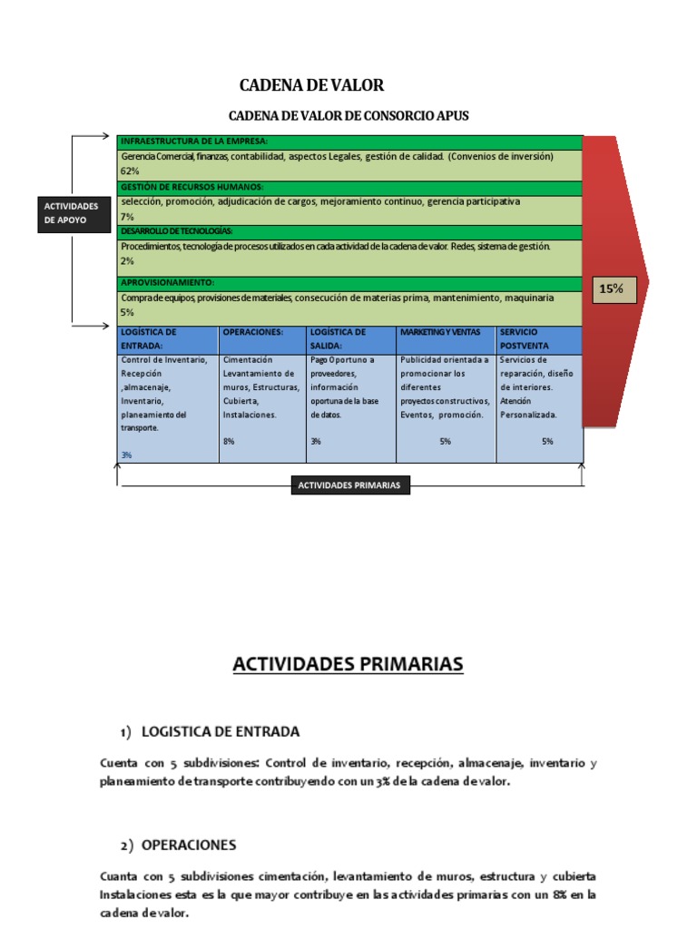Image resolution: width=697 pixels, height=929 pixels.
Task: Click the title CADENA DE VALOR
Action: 311,85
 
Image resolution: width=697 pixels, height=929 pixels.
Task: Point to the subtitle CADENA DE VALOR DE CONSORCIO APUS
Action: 349,116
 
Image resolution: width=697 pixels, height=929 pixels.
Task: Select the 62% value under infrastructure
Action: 130,171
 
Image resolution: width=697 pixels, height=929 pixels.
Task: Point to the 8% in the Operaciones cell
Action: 229,441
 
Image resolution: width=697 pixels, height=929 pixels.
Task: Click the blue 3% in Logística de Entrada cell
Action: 126,455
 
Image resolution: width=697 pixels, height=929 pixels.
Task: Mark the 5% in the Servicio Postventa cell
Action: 547,441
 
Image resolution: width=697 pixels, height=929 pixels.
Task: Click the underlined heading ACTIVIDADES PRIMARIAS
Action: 348,665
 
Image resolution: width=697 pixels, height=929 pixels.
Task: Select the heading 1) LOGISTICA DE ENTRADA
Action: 210,731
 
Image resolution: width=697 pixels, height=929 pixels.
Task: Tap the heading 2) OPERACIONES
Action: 178,845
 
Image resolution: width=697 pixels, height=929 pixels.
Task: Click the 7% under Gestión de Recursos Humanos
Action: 127,216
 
